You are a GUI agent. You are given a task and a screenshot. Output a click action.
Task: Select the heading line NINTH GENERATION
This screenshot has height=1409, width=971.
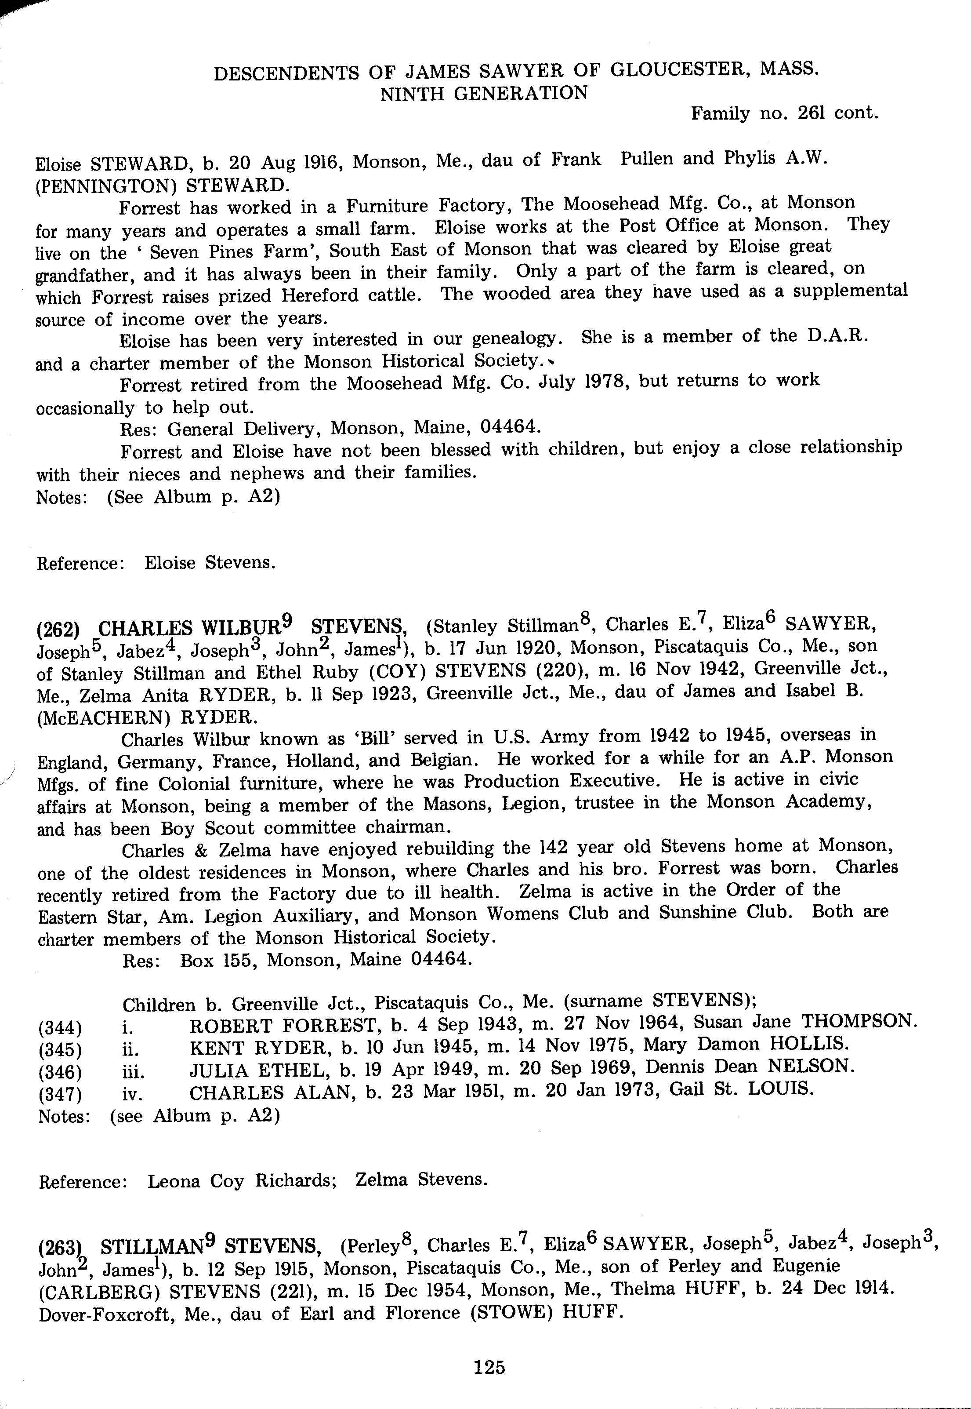pyautogui.click(x=484, y=93)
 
